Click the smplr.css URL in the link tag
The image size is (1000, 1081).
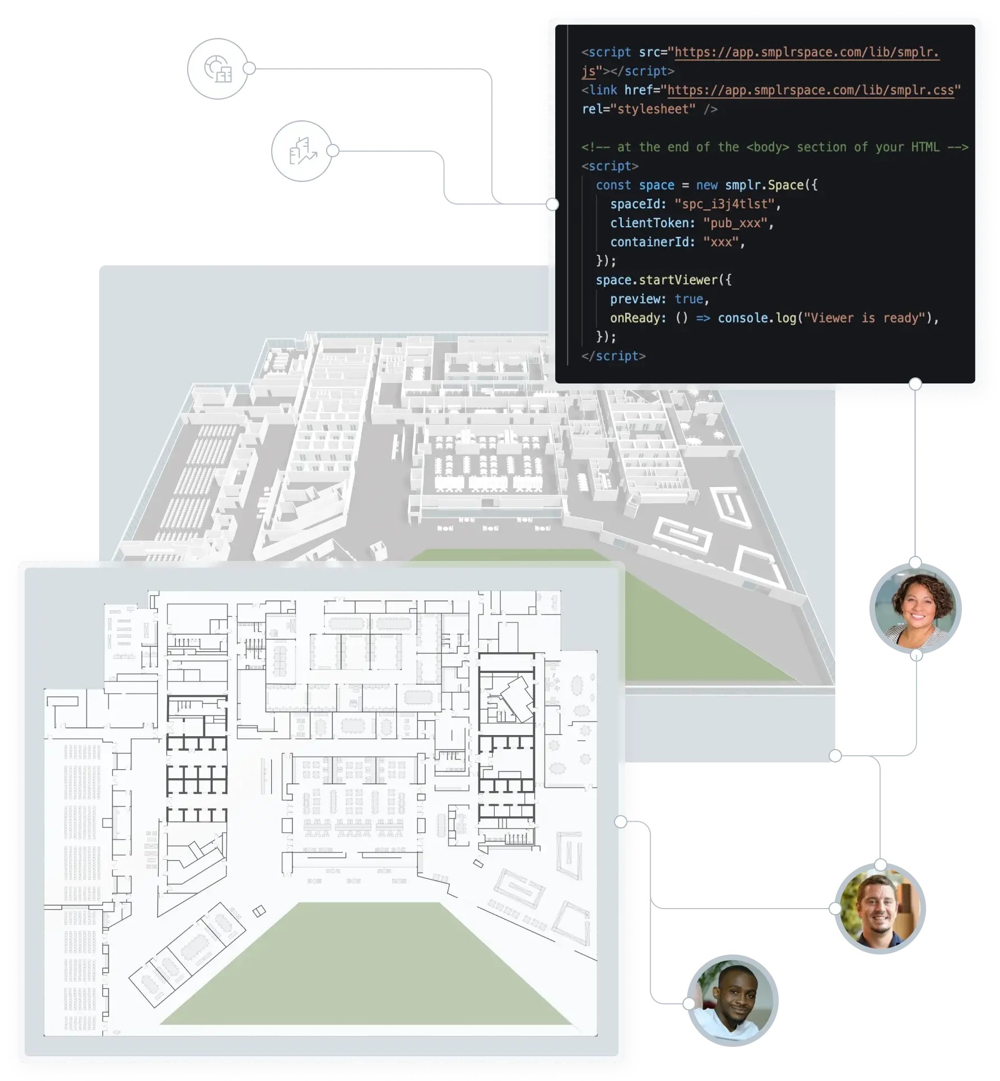click(x=811, y=90)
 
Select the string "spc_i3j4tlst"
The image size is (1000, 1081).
click(x=724, y=204)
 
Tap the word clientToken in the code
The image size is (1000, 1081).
click(x=649, y=223)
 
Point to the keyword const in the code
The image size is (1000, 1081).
click(x=613, y=185)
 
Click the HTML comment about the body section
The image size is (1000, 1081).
click(x=774, y=147)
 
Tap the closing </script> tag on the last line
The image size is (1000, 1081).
click(x=613, y=356)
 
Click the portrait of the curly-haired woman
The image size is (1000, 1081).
click(x=915, y=609)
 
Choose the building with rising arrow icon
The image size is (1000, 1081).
click(x=301, y=151)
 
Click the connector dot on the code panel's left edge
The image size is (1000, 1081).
click(x=552, y=204)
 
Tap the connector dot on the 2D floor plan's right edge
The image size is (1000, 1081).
click(x=621, y=822)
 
